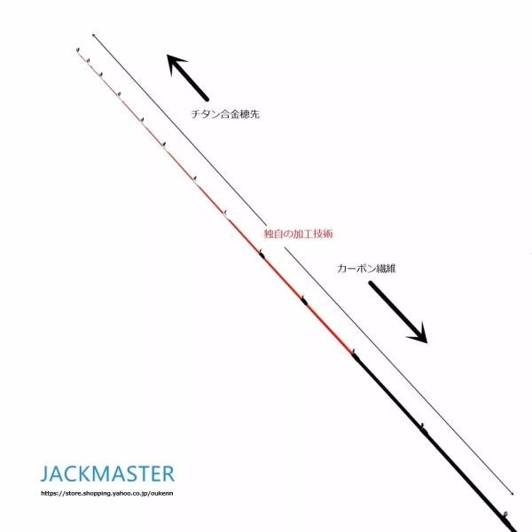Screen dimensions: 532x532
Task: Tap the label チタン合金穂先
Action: (225, 114)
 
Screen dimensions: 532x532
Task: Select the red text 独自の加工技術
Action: (298, 232)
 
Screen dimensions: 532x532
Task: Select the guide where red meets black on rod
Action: (353, 353)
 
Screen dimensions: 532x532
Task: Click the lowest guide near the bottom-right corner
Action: (503, 513)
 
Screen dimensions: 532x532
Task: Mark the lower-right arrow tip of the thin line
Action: (512, 493)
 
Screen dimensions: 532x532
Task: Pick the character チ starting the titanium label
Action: (195, 114)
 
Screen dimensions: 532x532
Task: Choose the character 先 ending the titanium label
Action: (255, 114)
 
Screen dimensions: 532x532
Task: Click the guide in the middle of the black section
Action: (423, 426)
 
